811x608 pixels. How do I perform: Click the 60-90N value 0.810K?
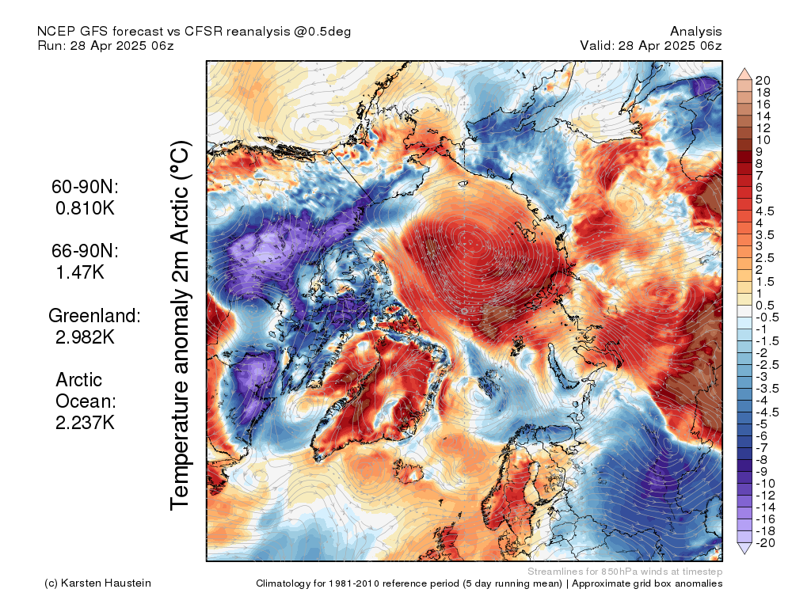click(x=85, y=208)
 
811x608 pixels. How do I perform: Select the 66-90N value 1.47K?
click(x=80, y=272)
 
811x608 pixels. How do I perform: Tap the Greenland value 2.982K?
click(x=85, y=337)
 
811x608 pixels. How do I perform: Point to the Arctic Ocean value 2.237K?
click(x=85, y=423)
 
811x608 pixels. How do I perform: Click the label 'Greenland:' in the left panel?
click(x=95, y=315)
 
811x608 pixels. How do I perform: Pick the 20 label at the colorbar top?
click(x=763, y=81)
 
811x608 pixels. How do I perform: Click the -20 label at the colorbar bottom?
click(x=765, y=543)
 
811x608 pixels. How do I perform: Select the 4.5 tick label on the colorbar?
click(x=765, y=211)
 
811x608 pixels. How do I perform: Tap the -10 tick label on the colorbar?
click(x=765, y=484)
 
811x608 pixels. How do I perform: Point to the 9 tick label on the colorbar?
click(x=760, y=152)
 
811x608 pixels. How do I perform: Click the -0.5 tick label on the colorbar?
click(x=767, y=317)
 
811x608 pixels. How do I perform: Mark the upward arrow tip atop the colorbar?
click(x=744, y=68)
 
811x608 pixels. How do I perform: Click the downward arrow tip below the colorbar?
click(x=744, y=554)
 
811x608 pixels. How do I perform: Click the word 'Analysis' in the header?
click(x=695, y=32)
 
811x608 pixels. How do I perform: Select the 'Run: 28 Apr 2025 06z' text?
click(x=105, y=45)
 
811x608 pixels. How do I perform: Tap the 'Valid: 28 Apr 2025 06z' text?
click(x=651, y=45)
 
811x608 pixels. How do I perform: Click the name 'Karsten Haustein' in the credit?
click(x=106, y=583)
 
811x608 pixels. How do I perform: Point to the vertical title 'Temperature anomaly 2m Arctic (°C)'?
click(x=180, y=325)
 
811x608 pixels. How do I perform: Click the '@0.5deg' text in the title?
click(x=323, y=32)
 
